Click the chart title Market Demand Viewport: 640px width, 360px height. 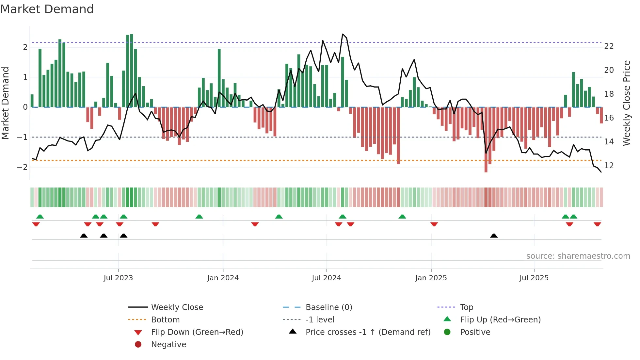[x=47, y=9]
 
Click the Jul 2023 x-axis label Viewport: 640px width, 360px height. [x=118, y=278]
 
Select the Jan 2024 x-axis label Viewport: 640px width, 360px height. [x=223, y=278]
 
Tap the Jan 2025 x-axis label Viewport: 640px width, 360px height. [x=431, y=278]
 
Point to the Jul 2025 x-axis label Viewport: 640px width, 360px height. [x=534, y=278]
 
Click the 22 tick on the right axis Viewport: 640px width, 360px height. [x=609, y=46]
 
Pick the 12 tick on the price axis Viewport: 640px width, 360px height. [x=609, y=166]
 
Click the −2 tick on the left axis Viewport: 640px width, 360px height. [x=22, y=167]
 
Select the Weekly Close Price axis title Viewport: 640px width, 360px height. [x=626, y=103]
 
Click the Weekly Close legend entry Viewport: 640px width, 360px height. [x=177, y=307]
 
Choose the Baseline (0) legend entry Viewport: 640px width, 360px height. [x=328, y=307]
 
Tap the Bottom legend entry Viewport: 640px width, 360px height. [x=165, y=320]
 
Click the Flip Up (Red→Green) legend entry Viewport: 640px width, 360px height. [x=500, y=320]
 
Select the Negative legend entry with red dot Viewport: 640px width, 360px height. [x=168, y=345]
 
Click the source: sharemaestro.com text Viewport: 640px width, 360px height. [x=578, y=256]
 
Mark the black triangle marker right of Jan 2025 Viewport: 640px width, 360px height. [x=494, y=236]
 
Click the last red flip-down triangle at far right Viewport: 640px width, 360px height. [x=597, y=224]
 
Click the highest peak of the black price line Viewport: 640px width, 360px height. [x=343, y=34]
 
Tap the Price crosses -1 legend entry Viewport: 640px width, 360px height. [x=368, y=332]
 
